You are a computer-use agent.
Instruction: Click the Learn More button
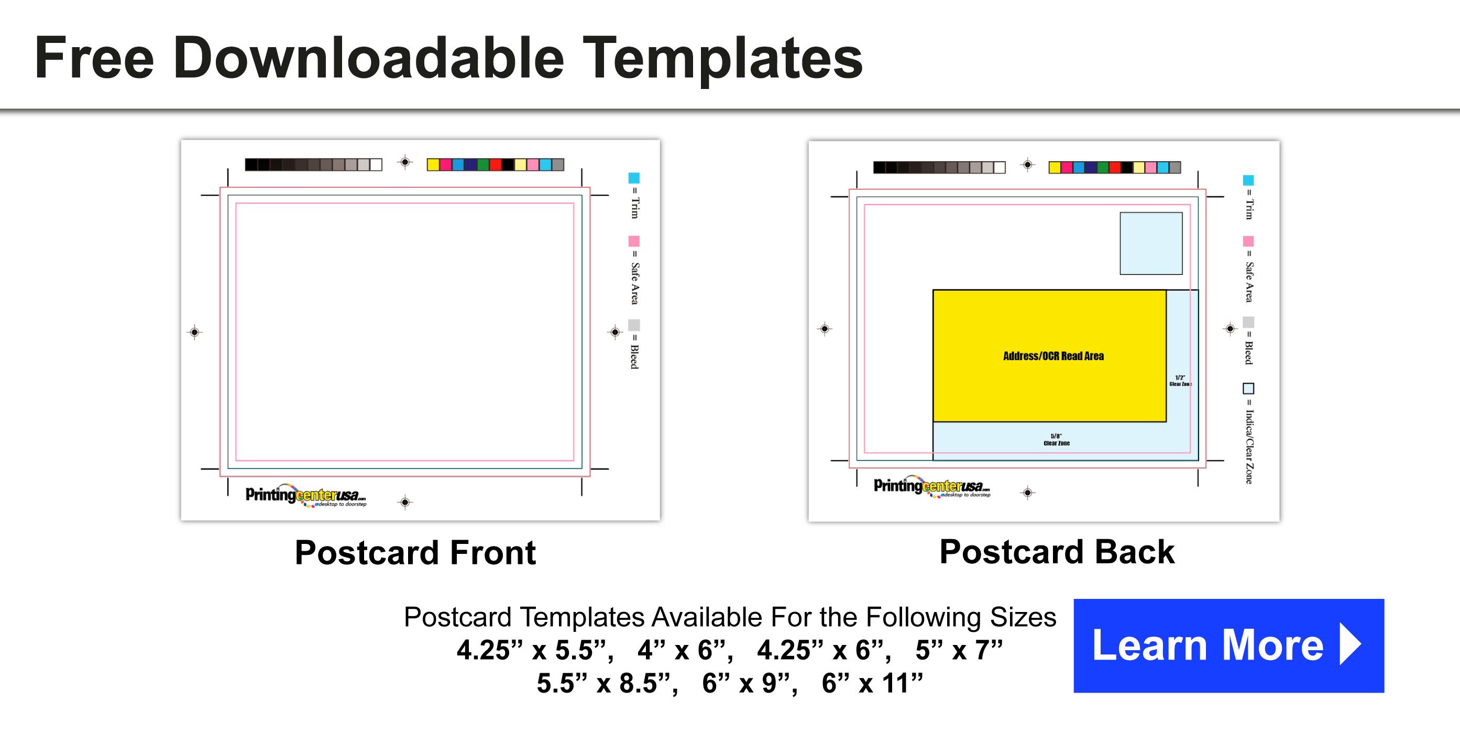point(1228,645)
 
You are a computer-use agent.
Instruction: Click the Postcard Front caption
point(415,552)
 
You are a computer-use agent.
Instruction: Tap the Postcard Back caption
point(1057,552)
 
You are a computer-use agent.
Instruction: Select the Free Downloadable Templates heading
point(448,58)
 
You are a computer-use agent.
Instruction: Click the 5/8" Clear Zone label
point(1057,440)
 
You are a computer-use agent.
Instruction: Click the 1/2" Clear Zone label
point(1180,381)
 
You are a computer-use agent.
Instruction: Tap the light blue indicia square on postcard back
point(1150,243)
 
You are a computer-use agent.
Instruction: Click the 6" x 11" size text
point(872,683)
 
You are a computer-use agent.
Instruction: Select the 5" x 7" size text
point(959,650)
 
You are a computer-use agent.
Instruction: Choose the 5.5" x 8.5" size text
point(607,683)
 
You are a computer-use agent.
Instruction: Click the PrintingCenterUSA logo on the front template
point(305,495)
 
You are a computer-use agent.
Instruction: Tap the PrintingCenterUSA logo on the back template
point(932,486)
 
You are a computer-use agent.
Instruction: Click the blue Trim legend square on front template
point(634,178)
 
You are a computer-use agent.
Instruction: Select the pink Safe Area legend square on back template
point(1248,241)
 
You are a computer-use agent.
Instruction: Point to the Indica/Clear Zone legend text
point(1248,447)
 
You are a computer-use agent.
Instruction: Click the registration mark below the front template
point(404,502)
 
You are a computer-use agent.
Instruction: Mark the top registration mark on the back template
point(1028,165)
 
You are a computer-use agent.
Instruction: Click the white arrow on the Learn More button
point(1351,644)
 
